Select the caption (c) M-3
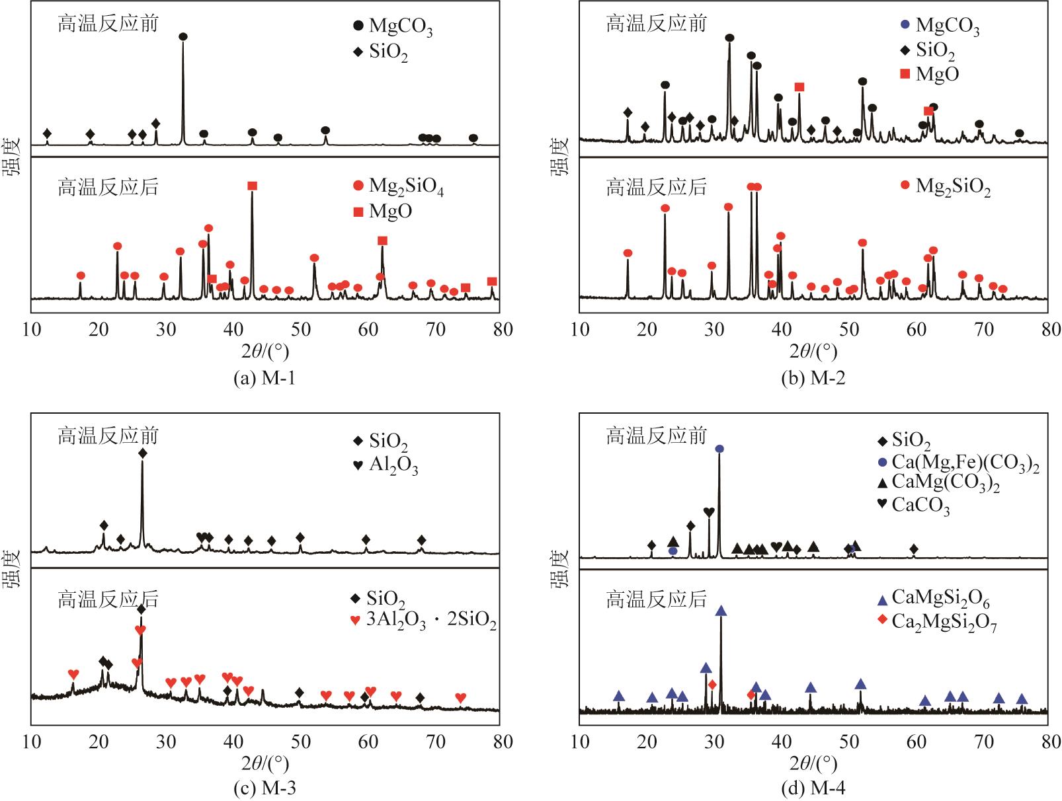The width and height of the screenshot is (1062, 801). click(x=265, y=788)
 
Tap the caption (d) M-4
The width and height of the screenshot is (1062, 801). click(x=813, y=788)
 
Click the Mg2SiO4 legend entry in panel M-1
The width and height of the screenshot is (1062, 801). click(x=399, y=187)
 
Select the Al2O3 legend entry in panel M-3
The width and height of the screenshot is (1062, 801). click(x=386, y=466)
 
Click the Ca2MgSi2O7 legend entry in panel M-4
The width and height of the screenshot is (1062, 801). click(x=936, y=622)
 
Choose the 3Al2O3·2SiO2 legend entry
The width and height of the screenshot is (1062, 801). click(x=423, y=621)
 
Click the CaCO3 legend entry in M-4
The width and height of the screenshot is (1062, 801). click(x=913, y=506)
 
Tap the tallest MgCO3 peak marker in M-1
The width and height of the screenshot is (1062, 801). click(x=183, y=37)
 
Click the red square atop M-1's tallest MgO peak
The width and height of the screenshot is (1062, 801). click(x=252, y=186)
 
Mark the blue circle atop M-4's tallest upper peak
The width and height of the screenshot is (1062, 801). click(x=719, y=449)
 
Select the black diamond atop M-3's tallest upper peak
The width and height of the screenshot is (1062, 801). click(x=142, y=453)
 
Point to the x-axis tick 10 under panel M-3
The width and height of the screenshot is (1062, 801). click(x=32, y=742)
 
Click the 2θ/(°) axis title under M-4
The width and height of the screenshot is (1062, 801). click(x=813, y=764)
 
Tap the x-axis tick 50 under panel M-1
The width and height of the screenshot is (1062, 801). click(x=301, y=329)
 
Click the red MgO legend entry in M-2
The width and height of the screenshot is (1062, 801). click(x=929, y=74)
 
